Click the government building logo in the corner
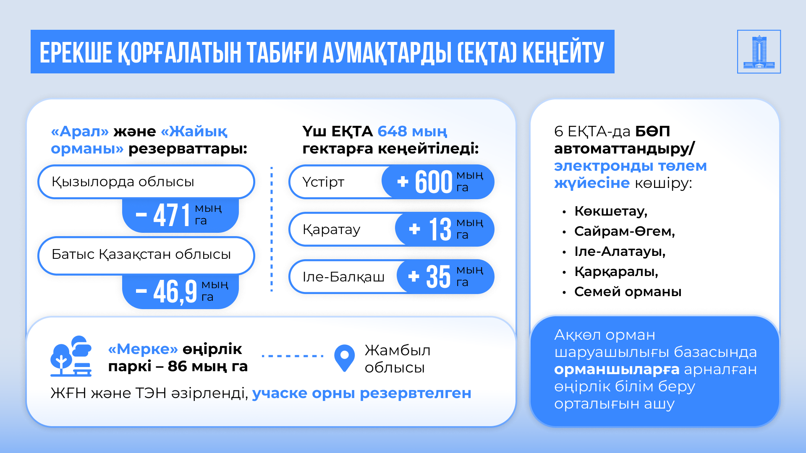click(x=759, y=52)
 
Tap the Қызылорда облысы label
click(x=123, y=182)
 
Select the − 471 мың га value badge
click(x=181, y=215)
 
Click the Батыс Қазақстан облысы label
click(x=141, y=254)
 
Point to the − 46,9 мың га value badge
click(x=181, y=292)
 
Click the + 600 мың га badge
click(x=438, y=182)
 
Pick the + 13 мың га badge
click(x=445, y=229)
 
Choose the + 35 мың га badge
click(x=445, y=277)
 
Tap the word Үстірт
click(x=323, y=182)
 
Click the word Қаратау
click(x=331, y=230)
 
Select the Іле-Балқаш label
click(x=343, y=277)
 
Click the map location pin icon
click(x=345, y=358)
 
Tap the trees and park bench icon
click(x=71, y=356)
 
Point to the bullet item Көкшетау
click(x=611, y=211)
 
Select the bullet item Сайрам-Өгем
click(x=625, y=231)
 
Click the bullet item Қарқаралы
click(x=616, y=272)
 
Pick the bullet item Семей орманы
click(x=628, y=292)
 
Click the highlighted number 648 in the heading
click(x=392, y=131)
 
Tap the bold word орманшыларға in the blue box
click(x=617, y=370)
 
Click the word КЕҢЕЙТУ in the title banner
click(x=563, y=52)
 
